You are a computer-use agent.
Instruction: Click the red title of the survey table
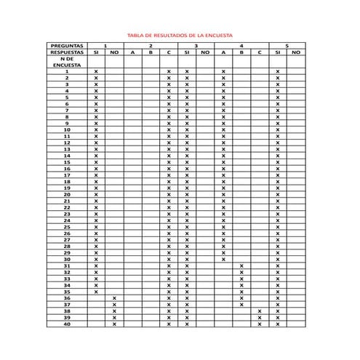point(180,35)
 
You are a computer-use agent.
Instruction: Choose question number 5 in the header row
point(287,46)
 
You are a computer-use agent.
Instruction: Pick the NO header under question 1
point(114,52)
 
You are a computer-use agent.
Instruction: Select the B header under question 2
point(151,52)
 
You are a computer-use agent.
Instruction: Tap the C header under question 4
point(260,52)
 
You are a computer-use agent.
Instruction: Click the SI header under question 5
point(278,52)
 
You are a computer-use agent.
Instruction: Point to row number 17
point(67,175)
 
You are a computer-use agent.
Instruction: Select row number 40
point(67,324)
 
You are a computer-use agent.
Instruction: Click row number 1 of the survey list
point(67,72)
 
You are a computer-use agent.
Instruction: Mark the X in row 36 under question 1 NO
point(114,298)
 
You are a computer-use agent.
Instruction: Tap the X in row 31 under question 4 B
point(241,266)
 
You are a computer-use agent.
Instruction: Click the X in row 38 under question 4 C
point(260,311)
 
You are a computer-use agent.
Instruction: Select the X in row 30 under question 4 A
point(223,260)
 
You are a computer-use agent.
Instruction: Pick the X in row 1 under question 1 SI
point(96,72)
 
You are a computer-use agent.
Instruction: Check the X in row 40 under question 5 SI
point(278,324)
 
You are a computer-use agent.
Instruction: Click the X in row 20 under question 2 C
point(169,195)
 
